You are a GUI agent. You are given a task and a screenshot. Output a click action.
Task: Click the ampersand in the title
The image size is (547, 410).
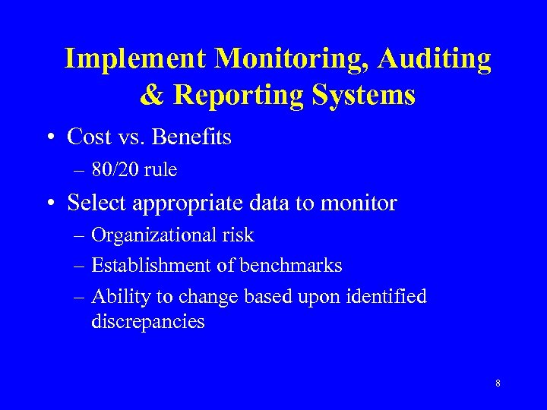[x=153, y=96]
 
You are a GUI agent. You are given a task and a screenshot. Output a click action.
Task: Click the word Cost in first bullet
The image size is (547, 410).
[x=88, y=137]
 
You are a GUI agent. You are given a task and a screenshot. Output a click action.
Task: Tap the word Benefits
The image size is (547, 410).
[x=193, y=137]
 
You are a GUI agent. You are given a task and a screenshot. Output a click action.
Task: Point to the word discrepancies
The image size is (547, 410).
[x=148, y=322]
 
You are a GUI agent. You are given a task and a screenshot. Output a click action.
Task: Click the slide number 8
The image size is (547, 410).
[x=498, y=383]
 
